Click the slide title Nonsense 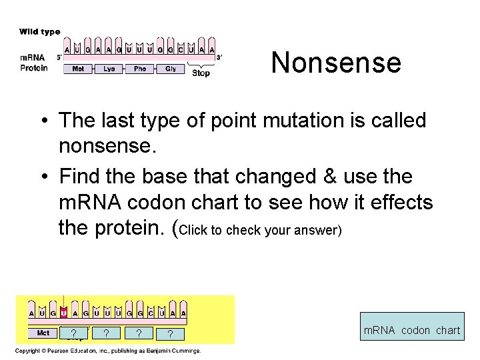pyautogui.click(x=336, y=63)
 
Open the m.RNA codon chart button pyautogui.click(x=411, y=330)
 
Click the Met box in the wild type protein pyautogui.click(x=78, y=69)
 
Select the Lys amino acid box pyautogui.click(x=109, y=69)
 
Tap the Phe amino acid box pyautogui.click(x=140, y=69)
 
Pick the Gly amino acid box pyautogui.click(x=171, y=69)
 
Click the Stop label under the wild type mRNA pyautogui.click(x=201, y=73)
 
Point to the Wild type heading pyautogui.click(x=40, y=31)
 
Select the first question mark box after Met pyautogui.click(x=73, y=333)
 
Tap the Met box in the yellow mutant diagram pyautogui.click(x=43, y=333)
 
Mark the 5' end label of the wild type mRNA pyautogui.click(x=59, y=57)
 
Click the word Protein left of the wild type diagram pyautogui.click(x=34, y=68)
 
